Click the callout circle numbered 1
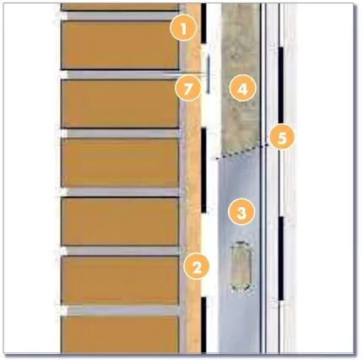pyautogui.click(x=183, y=29)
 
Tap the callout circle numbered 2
pyautogui.click(x=197, y=266)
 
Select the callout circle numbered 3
pyautogui.click(x=241, y=212)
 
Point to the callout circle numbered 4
pyautogui.click(x=242, y=89)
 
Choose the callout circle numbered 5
pyautogui.click(x=282, y=138)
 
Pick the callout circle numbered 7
pyautogui.click(x=188, y=89)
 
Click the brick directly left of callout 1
pyautogui.click(x=120, y=45)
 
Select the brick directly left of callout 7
pyautogui.click(x=120, y=104)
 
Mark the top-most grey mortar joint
pyautogui.click(x=121, y=16)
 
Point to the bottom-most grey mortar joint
pyautogui.click(x=121, y=310)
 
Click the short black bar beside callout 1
pyautogui.click(x=203, y=23)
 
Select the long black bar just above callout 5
pyautogui.click(x=281, y=85)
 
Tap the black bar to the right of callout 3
pyautogui.click(x=281, y=259)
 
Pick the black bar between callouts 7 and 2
pyautogui.click(x=203, y=170)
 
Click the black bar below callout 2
pyautogui.click(x=203, y=325)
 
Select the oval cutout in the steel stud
pyautogui.click(x=241, y=266)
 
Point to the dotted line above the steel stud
pyautogui.click(x=241, y=151)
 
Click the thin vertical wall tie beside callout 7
pyautogui.click(x=208, y=74)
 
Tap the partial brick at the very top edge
pyautogui.click(x=120, y=7)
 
